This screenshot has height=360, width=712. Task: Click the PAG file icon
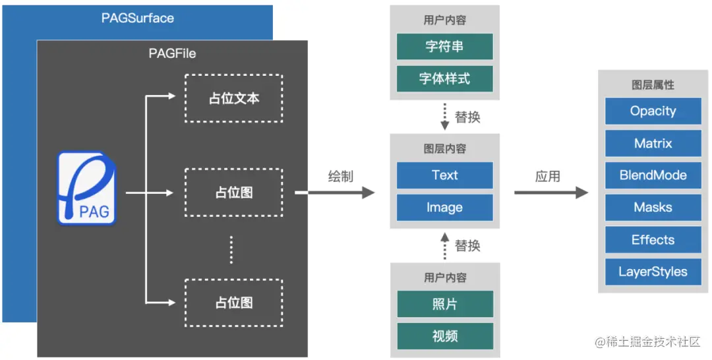point(86,188)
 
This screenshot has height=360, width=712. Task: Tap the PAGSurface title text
point(137,18)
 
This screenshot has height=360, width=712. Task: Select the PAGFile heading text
point(171,53)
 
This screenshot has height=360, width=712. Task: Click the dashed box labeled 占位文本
point(233,98)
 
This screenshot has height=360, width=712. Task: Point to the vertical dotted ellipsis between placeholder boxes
point(232,249)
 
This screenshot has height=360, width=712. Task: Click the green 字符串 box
point(444,46)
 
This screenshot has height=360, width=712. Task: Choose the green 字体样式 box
point(444,78)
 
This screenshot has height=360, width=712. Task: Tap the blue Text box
point(444,175)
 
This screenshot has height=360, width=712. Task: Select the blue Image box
point(444,208)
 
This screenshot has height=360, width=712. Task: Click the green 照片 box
point(444,304)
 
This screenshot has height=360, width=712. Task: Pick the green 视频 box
point(444,336)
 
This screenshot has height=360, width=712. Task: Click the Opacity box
point(653,111)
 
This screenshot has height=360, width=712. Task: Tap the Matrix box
point(653,143)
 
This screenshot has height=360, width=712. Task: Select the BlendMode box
point(653,175)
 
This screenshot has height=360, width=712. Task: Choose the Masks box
point(653,208)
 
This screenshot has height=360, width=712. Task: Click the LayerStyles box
point(653,272)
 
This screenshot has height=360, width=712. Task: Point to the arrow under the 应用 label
point(550,193)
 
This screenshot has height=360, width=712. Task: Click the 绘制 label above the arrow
point(341,176)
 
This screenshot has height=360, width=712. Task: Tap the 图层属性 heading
point(653,85)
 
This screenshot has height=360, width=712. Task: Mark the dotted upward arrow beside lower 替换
point(444,245)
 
